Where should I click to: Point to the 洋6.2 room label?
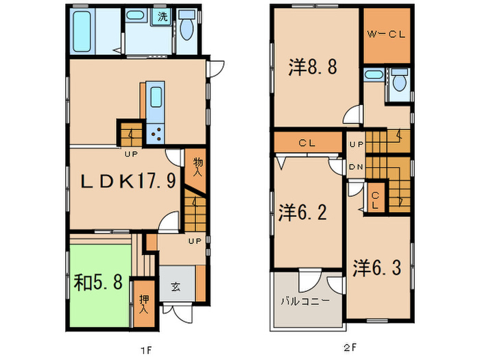pos(302,214)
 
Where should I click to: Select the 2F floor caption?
pos(350,348)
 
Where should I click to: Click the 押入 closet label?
pos(143,304)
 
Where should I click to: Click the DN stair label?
pos(356,167)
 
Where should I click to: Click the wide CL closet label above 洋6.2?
pos(307,143)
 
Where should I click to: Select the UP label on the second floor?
pos(356,145)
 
